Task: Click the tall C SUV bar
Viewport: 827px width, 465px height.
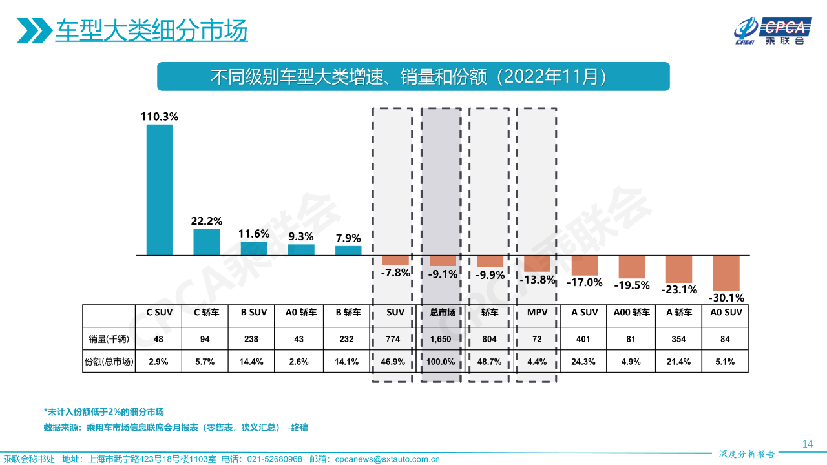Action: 160,190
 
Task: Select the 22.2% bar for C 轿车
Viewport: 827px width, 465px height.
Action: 207,242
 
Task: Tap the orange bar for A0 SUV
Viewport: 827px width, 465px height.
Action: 726,273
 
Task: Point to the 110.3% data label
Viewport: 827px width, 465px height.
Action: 160,117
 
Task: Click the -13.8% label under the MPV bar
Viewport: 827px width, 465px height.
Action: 538,280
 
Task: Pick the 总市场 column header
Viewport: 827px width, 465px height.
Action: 443,313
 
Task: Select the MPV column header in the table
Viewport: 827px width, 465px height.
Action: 537,313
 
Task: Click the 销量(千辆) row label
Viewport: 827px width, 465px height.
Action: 109,339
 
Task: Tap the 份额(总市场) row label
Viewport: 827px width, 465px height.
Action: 109,362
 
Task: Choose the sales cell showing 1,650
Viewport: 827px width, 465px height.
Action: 443,339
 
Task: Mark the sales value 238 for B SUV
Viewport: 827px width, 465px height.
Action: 254,339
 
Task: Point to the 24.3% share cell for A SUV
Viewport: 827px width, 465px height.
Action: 584,362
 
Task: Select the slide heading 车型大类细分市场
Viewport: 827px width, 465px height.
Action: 151,30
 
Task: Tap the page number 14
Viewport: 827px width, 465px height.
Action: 807,444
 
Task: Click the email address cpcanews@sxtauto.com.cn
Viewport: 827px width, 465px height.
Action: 387,459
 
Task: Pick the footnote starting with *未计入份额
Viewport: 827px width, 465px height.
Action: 104,412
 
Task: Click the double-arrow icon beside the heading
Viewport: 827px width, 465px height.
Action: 34,30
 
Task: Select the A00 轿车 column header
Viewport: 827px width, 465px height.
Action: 631,313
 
